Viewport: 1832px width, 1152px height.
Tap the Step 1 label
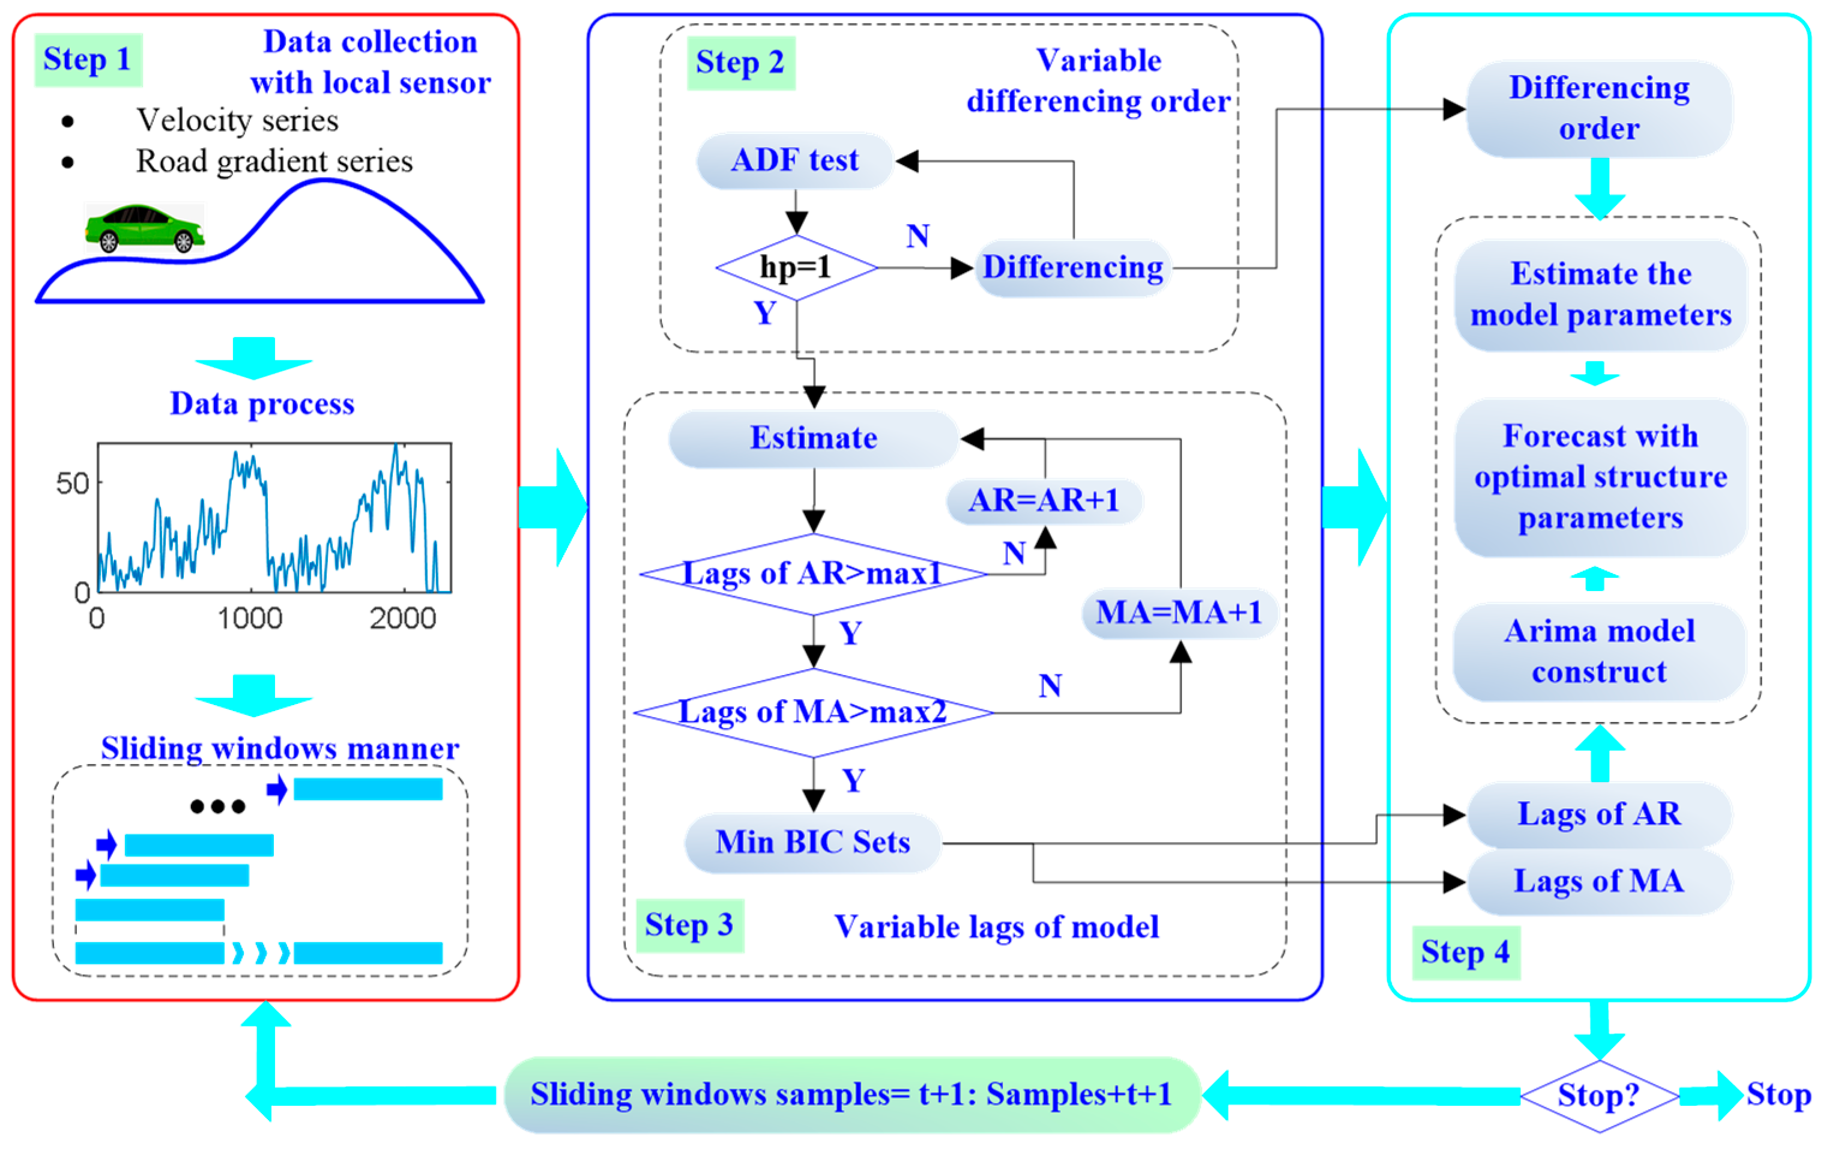88,59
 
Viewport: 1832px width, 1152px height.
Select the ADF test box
794,160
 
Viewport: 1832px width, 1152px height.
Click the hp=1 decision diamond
796,268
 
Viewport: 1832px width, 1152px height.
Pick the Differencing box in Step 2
1073,268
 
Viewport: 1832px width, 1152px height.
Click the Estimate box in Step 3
813,438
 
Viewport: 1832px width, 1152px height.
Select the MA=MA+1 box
1179,613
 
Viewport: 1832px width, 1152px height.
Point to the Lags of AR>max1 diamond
812,574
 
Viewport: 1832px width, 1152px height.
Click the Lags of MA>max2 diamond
812,713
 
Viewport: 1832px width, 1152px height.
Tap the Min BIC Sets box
812,842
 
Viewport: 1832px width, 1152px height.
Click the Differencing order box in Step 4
1599,109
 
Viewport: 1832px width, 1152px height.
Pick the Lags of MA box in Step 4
1599,881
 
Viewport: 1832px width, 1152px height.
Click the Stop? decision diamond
1599,1096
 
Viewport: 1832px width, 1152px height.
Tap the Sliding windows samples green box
851,1095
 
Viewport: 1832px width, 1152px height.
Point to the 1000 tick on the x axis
250,619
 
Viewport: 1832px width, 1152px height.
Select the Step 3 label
689,925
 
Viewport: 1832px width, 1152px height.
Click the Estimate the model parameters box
1601,294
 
